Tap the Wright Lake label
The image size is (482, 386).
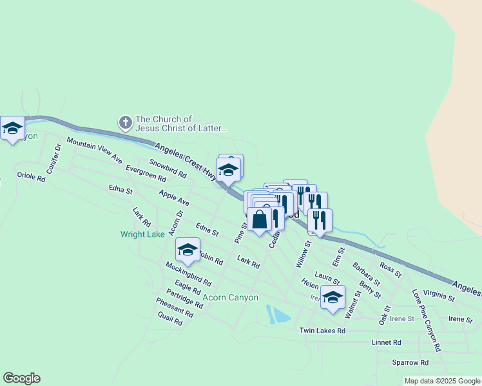coord(142,234)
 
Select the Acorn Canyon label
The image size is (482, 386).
coord(230,297)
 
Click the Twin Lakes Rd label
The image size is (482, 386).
coord(322,331)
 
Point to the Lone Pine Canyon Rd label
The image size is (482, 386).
coord(427,320)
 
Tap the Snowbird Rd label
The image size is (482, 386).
coord(168,169)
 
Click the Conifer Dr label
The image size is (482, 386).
coord(53,158)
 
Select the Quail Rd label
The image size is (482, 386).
coord(169,320)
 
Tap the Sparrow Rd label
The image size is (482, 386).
coord(410,362)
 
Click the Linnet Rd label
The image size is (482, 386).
coord(387,342)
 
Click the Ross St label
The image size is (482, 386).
coord(390,269)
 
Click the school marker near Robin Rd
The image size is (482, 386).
coord(188,250)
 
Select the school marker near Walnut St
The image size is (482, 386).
coord(333,297)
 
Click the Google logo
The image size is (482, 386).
coord(21,378)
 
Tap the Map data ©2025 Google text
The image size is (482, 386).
coord(441,381)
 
